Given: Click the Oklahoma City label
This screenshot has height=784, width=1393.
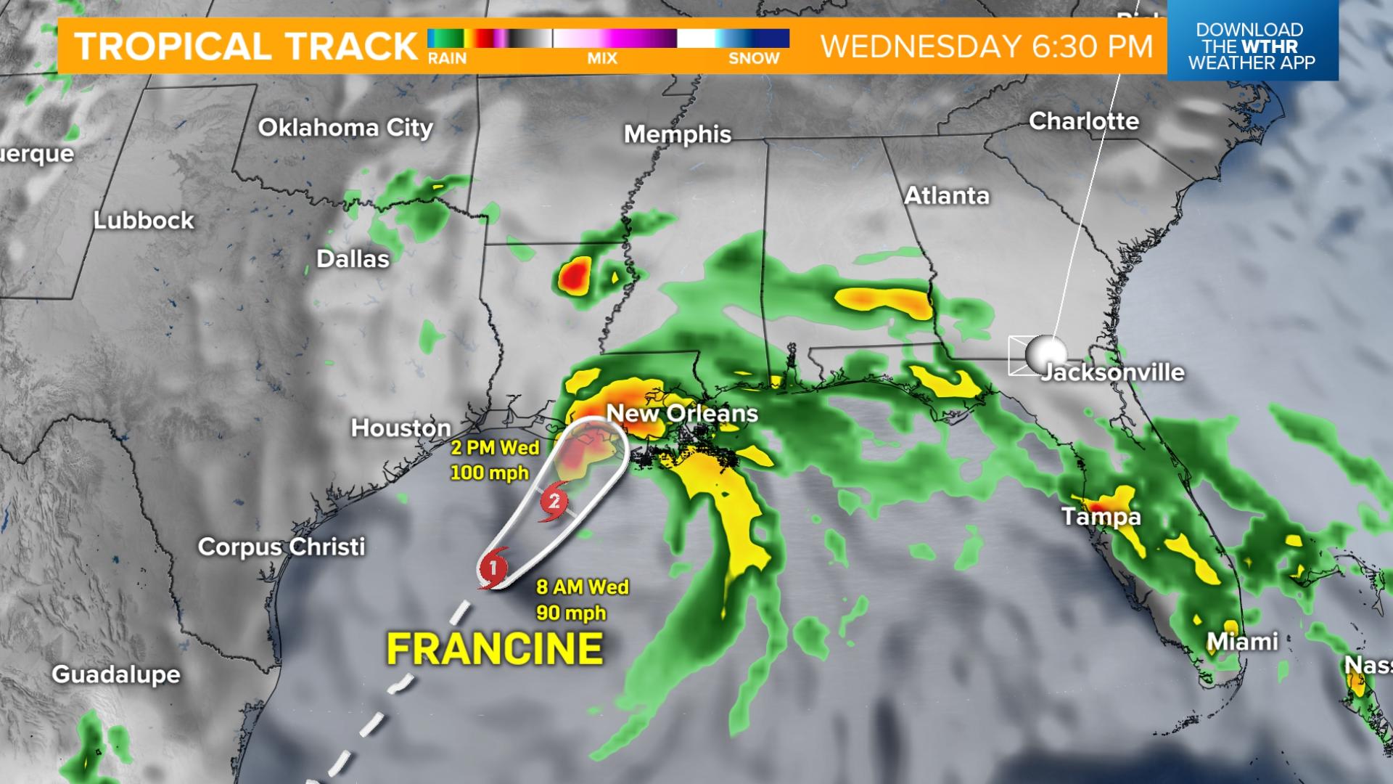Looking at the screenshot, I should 345,128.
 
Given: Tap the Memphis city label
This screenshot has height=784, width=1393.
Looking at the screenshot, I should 678,134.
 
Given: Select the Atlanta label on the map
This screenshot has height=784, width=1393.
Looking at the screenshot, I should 947,195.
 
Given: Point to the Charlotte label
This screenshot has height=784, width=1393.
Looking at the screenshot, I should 1084,121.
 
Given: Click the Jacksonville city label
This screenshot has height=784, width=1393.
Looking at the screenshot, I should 1112,372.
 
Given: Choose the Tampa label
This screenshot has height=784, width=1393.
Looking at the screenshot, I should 1101,516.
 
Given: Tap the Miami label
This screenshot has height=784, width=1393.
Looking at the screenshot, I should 1242,642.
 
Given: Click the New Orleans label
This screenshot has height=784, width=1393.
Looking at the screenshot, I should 682,413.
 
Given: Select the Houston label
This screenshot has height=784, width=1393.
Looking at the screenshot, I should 400,428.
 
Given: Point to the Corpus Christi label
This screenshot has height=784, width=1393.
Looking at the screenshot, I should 282,546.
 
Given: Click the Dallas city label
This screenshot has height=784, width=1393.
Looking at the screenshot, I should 353,258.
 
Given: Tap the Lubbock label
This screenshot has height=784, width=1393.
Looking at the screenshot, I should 144,220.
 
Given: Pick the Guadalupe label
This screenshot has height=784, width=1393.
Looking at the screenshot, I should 116,674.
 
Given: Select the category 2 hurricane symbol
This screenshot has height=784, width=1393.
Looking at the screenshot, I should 554,501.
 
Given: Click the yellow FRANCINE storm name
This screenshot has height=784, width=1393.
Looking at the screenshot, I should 495,648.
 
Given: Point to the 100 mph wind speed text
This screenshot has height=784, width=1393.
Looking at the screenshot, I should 490,473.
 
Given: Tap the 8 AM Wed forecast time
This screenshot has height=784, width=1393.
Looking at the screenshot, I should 583,587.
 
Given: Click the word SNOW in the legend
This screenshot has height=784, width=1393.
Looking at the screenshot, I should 754,59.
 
